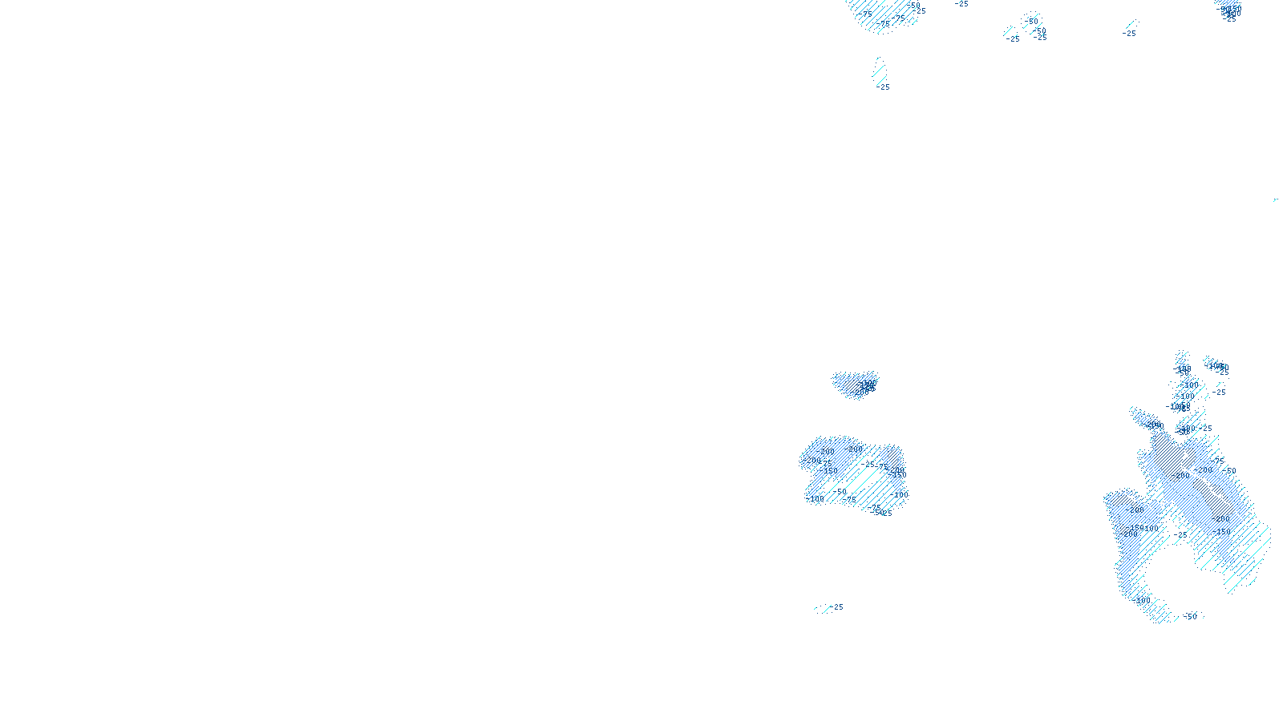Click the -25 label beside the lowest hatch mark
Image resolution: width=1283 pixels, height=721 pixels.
click(838, 607)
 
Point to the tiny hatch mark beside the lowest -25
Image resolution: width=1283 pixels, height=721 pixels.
click(824, 609)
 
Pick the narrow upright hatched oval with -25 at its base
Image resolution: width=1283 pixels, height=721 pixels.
click(880, 71)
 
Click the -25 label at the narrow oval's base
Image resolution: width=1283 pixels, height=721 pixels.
click(883, 87)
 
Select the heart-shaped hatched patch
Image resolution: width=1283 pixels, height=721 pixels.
click(856, 383)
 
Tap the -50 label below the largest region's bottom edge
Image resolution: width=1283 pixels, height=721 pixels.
click(1191, 616)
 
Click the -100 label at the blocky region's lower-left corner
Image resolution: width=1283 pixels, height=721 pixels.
click(816, 499)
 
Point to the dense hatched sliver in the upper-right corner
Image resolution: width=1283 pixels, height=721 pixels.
click(1228, 10)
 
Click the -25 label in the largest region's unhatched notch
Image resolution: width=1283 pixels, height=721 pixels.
click(1181, 534)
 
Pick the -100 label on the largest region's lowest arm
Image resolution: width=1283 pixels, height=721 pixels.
click(1143, 600)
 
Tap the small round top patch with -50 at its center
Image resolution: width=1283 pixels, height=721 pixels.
click(1031, 20)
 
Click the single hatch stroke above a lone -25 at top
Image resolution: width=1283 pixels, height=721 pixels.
click(1131, 24)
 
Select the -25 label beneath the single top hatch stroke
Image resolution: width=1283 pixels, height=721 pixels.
click(1130, 34)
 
